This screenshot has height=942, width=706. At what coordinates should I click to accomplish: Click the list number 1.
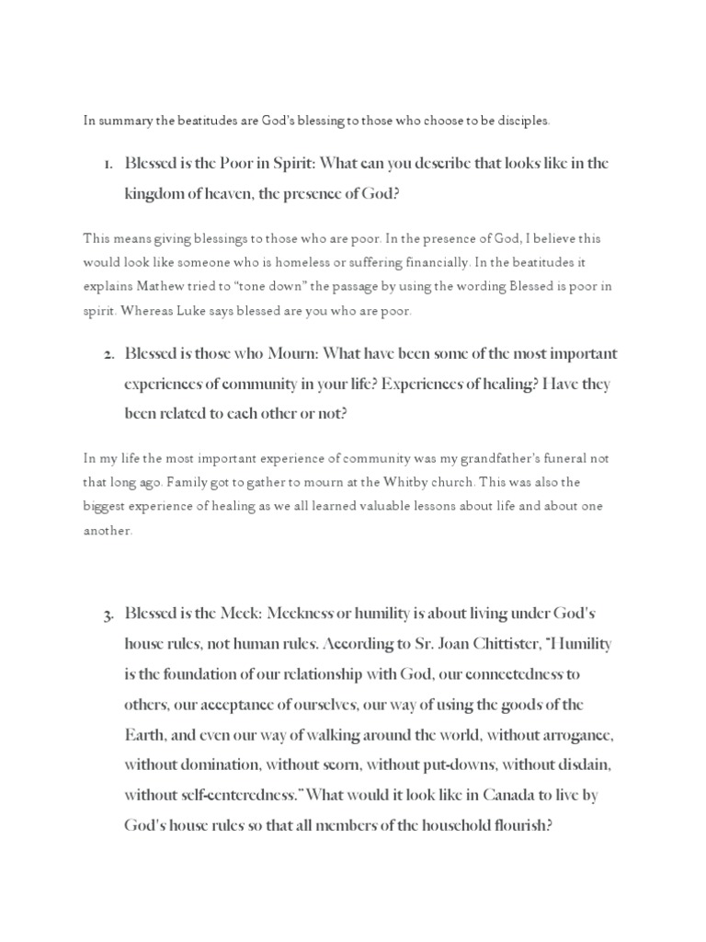point(107,164)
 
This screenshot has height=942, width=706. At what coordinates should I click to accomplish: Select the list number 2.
point(107,354)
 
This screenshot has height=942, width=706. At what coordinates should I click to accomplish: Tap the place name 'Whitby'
point(425,482)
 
